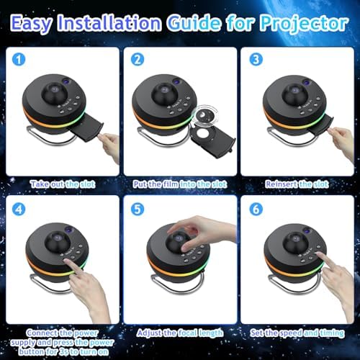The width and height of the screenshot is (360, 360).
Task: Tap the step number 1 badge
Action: pos(19,60)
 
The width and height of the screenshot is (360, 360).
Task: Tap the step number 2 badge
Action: pos(137,60)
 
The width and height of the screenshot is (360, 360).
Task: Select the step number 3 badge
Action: pos(253,60)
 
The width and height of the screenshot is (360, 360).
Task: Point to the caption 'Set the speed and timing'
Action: pos(296,333)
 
